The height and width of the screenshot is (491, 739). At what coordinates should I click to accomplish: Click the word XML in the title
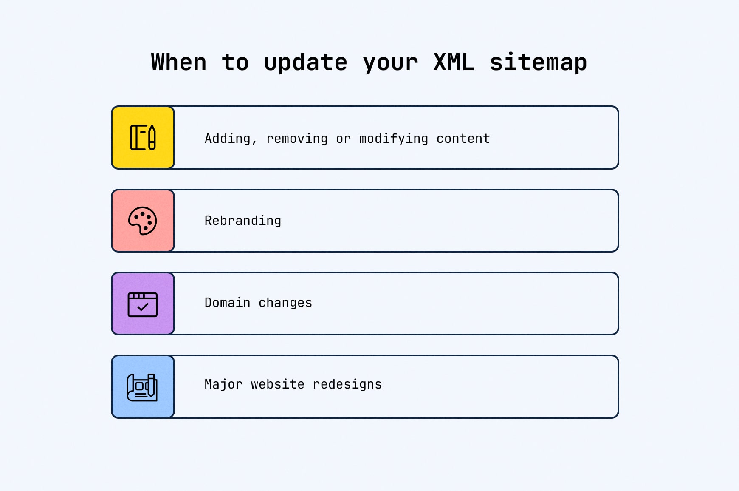(454, 62)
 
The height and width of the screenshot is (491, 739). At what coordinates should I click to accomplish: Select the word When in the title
(179, 62)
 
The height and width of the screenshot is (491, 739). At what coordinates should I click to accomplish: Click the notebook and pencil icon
(143, 137)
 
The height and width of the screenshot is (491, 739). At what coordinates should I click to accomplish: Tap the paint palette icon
(143, 221)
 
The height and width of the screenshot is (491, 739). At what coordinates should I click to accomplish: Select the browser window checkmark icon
(143, 304)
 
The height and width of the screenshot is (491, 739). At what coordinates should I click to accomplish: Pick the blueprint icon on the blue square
(142, 387)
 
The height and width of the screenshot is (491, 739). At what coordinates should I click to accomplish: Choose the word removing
(297, 139)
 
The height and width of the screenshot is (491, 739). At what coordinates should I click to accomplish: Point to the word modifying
(393, 139)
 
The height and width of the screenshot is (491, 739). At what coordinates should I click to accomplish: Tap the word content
(463, 139)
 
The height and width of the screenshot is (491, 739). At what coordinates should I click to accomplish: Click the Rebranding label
(243, 221)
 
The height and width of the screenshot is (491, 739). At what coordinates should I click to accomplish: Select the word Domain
(227, 303)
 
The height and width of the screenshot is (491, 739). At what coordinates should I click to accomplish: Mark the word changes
(285, 303)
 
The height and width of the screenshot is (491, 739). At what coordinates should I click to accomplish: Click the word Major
(223, 385)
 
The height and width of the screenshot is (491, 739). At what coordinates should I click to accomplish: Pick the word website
(277, 384)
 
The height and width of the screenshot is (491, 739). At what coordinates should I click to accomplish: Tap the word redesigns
(347, 385)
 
